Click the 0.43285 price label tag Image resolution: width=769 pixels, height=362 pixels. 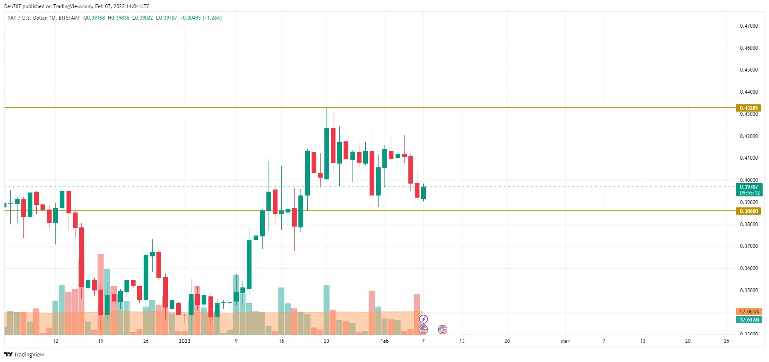(748, 108)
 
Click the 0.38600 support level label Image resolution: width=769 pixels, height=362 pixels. (748, 211)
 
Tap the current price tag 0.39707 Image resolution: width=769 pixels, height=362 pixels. (748, 187)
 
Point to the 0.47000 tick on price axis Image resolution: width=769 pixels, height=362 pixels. (749, 26)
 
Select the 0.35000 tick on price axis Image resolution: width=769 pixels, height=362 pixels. (749, 290)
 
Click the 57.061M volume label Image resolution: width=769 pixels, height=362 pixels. (748, 312)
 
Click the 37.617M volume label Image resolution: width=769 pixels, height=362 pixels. (748, 320)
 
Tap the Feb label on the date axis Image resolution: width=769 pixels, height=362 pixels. (384, 341)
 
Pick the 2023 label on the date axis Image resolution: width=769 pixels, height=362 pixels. (184, 341)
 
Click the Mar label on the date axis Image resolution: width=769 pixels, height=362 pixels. (565, 341)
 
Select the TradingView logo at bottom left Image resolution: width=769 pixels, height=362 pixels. (24, 354)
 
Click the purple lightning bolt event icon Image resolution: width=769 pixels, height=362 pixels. (423, 319)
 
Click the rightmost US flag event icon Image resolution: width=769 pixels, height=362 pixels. (442, 329)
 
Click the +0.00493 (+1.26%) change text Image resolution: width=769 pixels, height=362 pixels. (201, 18)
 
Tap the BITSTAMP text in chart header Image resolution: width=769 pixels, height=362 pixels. (69, 18)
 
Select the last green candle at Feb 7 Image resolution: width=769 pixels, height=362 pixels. (423, 192)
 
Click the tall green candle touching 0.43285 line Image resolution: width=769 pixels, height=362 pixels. (327, 153)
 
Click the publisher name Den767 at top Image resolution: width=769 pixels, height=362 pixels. (12, 6)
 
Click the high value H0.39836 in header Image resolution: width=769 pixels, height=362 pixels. (119, 18)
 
